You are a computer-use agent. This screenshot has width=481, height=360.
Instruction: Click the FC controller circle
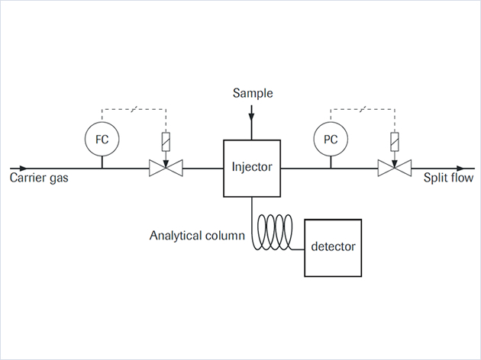[102, 139]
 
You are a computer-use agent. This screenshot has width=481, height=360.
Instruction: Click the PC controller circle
[331, 139]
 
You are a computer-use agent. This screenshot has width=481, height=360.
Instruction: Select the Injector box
[252, 167]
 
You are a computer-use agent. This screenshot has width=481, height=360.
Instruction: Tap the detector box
[333, 247]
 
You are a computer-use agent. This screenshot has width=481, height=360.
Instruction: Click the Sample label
[252, 94]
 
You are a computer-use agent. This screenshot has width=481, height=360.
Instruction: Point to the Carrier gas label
[41, 180]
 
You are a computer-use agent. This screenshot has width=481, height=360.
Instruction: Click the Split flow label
[448, 180]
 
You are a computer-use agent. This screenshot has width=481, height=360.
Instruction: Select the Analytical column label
[197, 235]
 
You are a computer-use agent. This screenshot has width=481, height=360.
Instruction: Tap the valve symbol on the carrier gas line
[166, 168]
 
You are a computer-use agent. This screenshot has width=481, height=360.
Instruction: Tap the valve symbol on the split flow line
[395, 168]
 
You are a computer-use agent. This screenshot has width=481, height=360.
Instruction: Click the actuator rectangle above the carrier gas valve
[166, 140]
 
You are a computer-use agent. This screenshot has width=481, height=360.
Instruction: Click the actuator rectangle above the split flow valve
[395, 140]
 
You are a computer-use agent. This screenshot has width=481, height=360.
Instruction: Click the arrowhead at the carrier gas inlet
[26, 168]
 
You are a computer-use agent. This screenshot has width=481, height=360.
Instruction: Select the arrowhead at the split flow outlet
[458, 168]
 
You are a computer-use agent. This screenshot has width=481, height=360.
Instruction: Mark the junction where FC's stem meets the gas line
[102, 168]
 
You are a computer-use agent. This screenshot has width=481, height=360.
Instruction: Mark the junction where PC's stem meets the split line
[331, 168]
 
